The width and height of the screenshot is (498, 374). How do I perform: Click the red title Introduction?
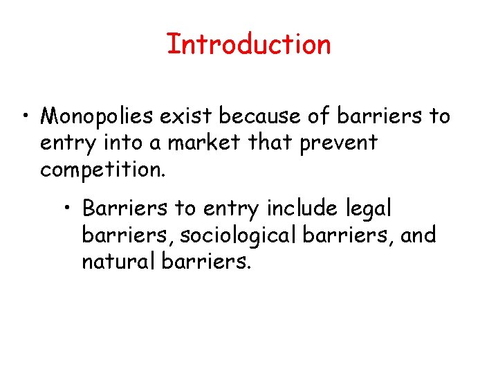(x=249, y=44)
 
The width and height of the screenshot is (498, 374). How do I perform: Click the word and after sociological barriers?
(x=418, y=235)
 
